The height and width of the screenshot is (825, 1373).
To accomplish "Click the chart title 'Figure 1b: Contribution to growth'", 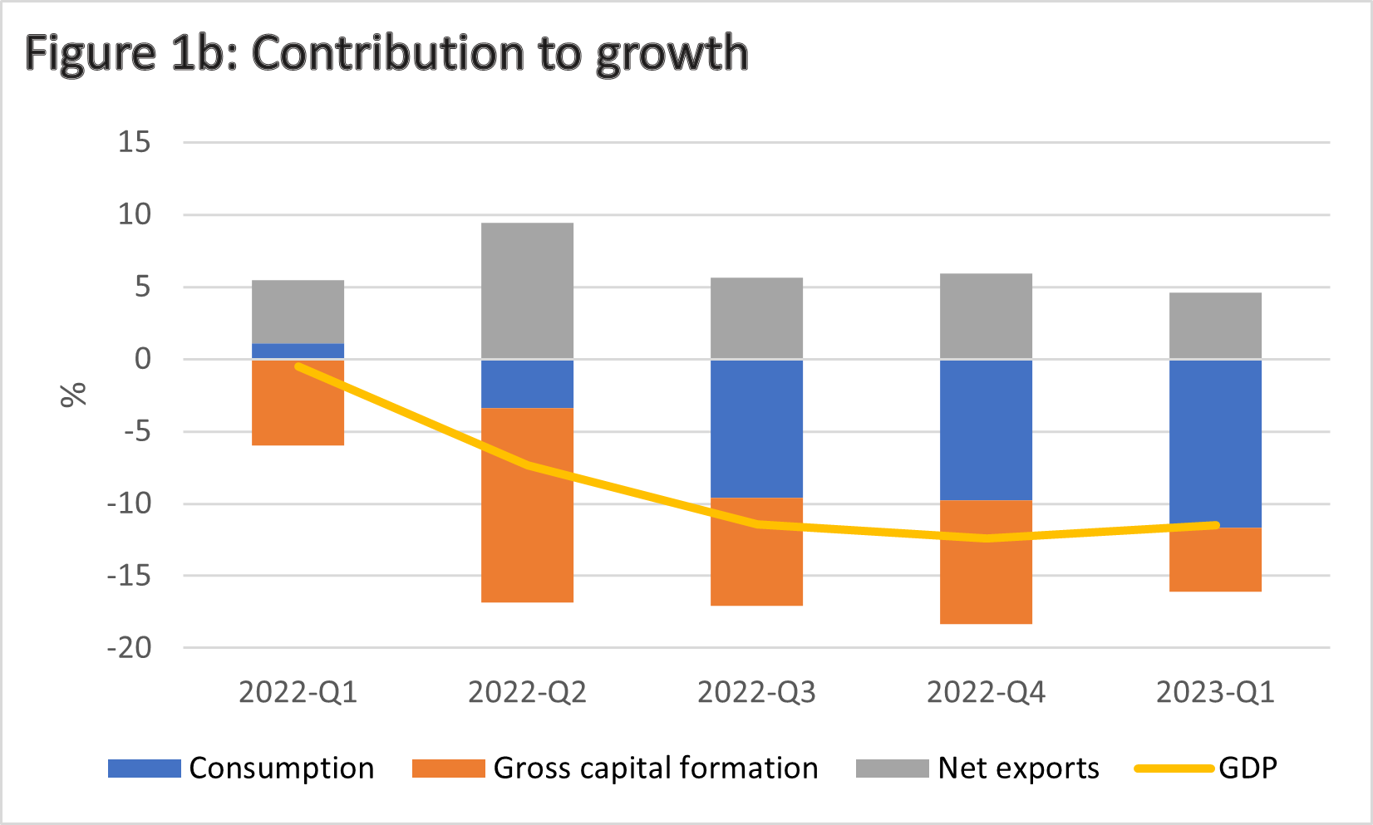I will [x=386, y=53].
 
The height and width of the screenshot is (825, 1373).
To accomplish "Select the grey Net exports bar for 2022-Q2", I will [x=527, y=291].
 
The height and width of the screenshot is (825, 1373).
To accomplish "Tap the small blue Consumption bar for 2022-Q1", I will [x=298, y=351].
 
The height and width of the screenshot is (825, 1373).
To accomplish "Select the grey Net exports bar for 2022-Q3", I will [x=756, y=318].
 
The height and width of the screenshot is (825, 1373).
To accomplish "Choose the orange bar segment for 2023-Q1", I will [x=1214, y=565].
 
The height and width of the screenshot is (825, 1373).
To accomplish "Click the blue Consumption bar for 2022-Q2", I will [x=527, y=384].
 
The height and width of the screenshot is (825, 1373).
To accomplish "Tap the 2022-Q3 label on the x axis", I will [x=756, y=692].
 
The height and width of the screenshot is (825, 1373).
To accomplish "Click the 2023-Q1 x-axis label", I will [x=1214, y=692].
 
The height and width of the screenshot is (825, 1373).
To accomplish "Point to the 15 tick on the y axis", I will [x=134, y=142].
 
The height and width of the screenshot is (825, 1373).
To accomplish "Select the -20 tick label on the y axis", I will [x=130, y=647].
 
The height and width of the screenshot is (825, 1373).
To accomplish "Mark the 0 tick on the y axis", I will [x=143, y=359].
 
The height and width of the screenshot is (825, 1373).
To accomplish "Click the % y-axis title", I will [x=73, y=395].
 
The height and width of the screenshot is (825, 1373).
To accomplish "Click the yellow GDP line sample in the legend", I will [x=1174, y=769].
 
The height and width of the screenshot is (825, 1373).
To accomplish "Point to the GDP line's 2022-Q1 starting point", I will [x=298, y=366].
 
